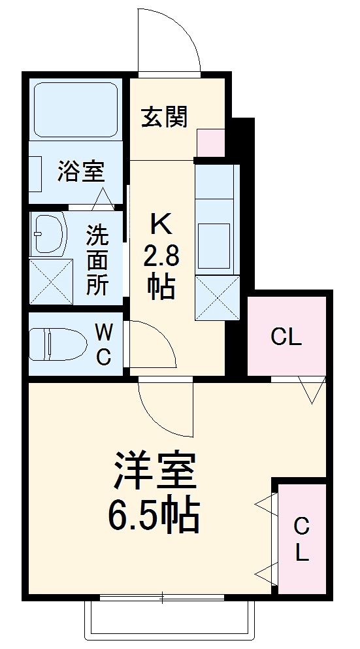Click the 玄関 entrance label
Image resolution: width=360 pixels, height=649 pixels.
[x=165, y=117]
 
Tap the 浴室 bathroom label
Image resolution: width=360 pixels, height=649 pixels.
[x=81, y=172]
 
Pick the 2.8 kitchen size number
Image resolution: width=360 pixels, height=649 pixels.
[x=161, y=256]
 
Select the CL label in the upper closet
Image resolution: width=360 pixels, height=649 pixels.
[x=286, y=337]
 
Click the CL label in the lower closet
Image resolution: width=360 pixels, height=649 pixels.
[x=301, y=539]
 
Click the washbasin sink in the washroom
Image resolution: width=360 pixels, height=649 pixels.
[x=50, y=233]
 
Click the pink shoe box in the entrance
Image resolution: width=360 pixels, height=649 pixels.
[x=210, y=143]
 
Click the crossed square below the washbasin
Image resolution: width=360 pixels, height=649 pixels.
[x=51, y=280]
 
